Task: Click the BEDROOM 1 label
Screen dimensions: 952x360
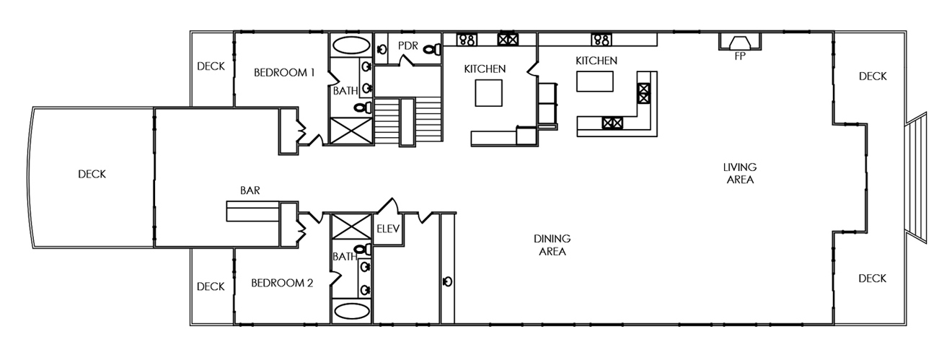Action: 284,73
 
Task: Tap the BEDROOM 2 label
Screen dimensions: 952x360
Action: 282,283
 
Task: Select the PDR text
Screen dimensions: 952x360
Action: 408,46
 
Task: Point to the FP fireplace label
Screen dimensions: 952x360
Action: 739,56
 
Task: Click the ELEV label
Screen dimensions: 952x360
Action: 388,229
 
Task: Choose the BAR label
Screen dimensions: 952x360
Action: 250,190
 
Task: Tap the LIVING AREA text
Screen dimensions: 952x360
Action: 740,173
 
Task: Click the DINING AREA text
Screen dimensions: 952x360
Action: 552,245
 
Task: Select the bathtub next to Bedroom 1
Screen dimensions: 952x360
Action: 351,45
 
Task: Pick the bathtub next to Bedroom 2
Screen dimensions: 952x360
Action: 351,311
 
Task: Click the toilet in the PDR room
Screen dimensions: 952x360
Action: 433,49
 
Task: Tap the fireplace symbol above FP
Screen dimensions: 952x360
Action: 740,43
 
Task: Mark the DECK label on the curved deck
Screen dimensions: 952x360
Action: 92,175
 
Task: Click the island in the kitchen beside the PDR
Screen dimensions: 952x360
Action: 488,93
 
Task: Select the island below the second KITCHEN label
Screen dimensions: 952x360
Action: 594,82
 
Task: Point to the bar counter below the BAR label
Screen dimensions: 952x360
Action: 252,211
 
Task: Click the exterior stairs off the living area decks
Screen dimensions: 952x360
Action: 916,177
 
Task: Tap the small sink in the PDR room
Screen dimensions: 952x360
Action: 382,50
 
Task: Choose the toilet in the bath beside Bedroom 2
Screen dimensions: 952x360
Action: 363,250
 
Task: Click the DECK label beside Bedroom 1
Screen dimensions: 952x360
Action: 211,66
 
